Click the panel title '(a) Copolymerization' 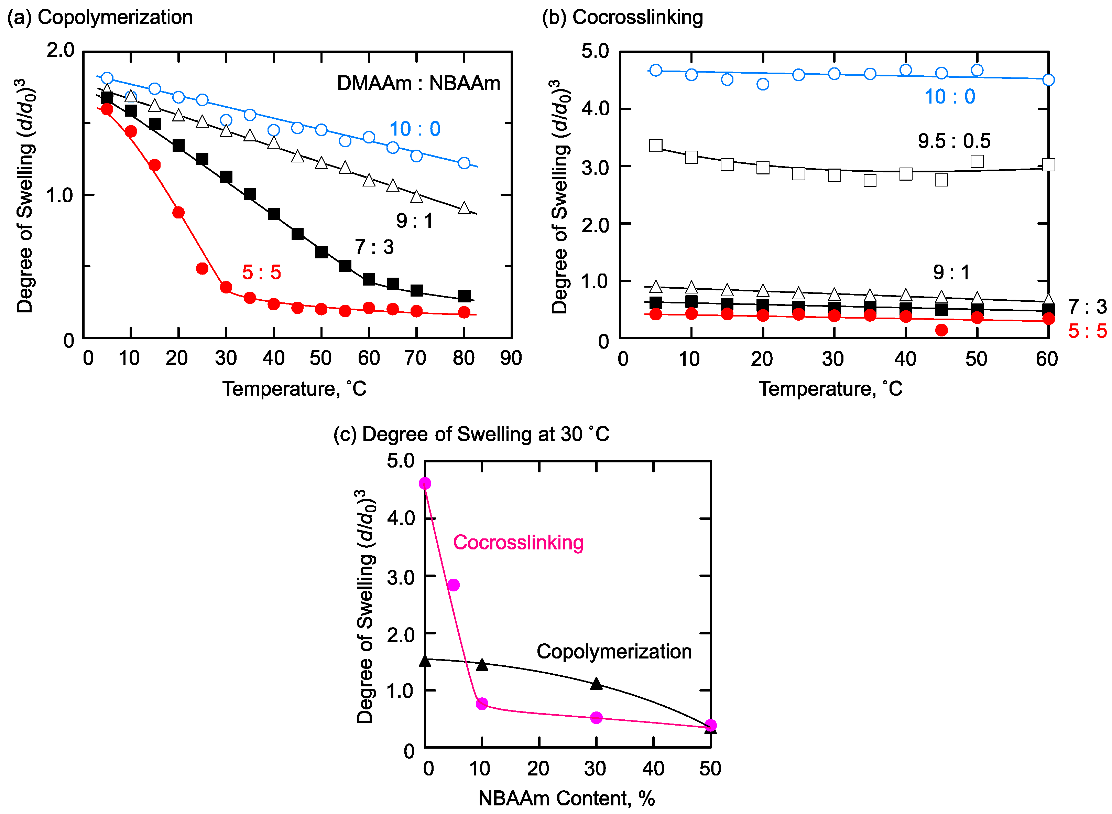coord(100,17)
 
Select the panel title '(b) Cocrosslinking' coord(622,17)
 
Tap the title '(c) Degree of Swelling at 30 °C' coord(471,434)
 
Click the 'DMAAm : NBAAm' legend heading coord(418,83)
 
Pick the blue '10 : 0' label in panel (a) coord(415,129)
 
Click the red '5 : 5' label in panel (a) coord(262,272)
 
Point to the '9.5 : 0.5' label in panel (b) coord(954,141)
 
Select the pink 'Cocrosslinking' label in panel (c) coord(518,543)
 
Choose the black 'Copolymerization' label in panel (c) coord(614,651)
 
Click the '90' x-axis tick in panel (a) coord(511,358)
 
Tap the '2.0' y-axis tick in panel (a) coord(60,50)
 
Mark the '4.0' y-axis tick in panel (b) coord(595,108)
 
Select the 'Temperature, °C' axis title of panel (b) coord(830,389)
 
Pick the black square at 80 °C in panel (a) coord(464,296)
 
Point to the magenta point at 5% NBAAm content coord(454,585)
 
